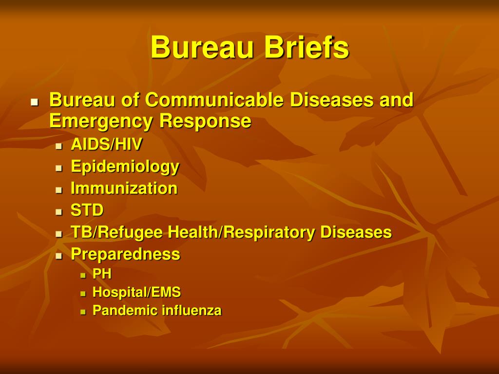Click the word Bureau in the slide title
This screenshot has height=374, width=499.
(203, 47)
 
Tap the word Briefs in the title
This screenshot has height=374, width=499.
(307, 47)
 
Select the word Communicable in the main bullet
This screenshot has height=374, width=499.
(214, 99)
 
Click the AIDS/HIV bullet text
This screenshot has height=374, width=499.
(106, 144)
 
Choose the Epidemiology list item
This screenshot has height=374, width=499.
(125, 167)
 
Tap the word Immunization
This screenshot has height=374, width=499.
(124, 188)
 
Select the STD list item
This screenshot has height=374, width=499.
(87, 210)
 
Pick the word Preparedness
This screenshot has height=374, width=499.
(125, 254)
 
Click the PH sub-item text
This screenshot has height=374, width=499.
(102, 274)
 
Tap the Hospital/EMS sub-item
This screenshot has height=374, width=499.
(136, 292)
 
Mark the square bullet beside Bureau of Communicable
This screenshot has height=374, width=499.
(35, 102)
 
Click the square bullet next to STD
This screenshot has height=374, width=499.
(58, 212)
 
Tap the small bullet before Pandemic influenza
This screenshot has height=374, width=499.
(83, 312)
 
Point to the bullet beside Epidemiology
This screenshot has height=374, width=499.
(58, 168)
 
